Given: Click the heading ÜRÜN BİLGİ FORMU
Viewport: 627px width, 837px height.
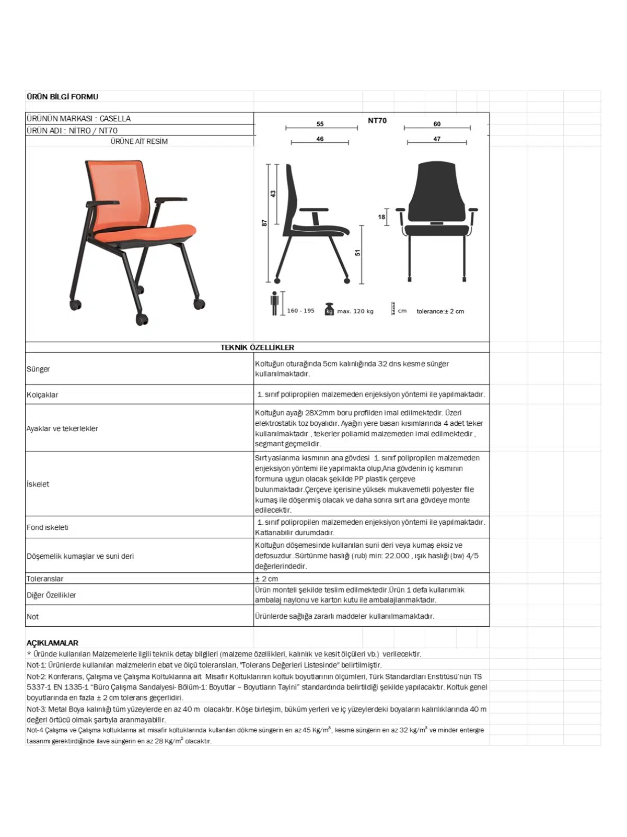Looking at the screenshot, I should pyautogui.click(x=62, y=97).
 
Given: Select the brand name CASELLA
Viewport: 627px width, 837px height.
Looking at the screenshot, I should pyautogui.click(x=115, y=119).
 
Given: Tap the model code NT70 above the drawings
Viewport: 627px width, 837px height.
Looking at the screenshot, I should pyautogui.click(x=377, y=120).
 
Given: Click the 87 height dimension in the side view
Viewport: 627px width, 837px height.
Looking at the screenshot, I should pyautogui.click(x=264, y=223).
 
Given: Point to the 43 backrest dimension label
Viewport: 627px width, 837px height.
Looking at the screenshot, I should pyautogui.click(x=273, y=194).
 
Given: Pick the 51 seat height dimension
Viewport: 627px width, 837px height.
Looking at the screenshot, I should pyautogui.click(x=358, y=253).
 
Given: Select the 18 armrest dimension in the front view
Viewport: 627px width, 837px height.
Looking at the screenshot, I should pyautogui.click(x=381, y=217).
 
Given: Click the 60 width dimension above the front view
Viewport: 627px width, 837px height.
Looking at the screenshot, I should pyautogui.click(x=437, y=124).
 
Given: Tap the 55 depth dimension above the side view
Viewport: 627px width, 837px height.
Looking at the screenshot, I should pyautogui.click(x=320, y=124).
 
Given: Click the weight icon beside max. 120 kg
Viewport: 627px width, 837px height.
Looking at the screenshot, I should pyautogui.click(x=329, y=310).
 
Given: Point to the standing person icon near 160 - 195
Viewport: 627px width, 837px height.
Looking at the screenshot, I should pyautogui.click(x=274, y=303).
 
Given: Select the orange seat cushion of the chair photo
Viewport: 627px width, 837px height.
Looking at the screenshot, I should pyautogui.click(x=157, y=233).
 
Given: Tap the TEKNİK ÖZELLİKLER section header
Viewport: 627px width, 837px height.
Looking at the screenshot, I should pyautogui.click(x=257, y=347).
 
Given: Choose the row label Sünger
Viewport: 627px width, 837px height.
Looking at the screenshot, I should pyautogui.click(x=38, y=369).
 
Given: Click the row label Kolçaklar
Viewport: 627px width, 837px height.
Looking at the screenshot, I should pyautogui.click(x=42, y=395).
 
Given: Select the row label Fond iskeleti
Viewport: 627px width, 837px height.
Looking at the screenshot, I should pyautogui.click(x=48, y=527).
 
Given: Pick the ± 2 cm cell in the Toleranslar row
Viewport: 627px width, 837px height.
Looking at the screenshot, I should pyautogui.click(x=266, y=579).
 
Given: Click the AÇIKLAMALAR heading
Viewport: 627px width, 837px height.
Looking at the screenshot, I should pyautogui.click(x=52, y=643).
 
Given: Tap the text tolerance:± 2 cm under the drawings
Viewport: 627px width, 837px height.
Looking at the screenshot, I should pyautogui.click(x=440, y=311).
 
